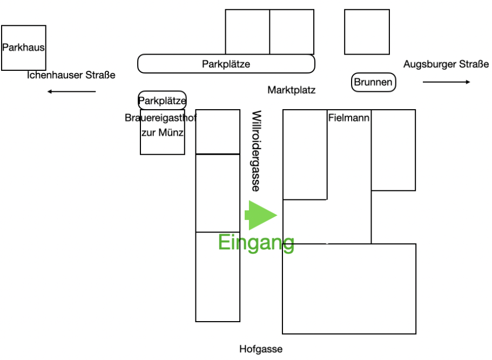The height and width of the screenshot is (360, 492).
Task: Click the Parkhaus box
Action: pyautogui.click(x=23, y=48)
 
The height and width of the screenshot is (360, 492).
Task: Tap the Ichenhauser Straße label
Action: pyautogui.click(x=71, y=75)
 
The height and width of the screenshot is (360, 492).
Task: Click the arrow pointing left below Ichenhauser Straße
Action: pyautogui.click(x=71, y=91)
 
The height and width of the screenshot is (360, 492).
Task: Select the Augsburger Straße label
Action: pyautogui.click(x=446, y=64)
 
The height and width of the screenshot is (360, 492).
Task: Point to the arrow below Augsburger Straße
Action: pyautogui.click(x=446, y=82)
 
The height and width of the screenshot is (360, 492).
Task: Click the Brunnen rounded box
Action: pyautogui.click(x=374, y=83)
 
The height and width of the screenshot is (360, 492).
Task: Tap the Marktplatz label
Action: pyautogui.click(x=291, y=90)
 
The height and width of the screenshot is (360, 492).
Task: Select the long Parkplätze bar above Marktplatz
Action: pyautogui.click(x=226, y=64)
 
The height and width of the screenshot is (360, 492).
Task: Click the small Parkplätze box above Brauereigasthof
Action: pyautogui.click(x=162, y=100)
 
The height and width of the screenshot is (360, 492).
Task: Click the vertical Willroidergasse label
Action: pyautogui.click(x=256, y=151)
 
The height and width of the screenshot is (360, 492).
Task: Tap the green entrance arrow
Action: pyautogui.click(x=261, y=215)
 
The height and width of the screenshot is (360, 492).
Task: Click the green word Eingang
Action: pyautogui.click(x=256, y=243)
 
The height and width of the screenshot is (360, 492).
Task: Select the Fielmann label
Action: pyautogui.click(x=349, y=117)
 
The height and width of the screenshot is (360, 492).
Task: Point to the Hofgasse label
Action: pyautogui.click(x=261, y=349)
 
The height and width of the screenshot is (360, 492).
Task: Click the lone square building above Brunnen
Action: pyautogui.click(x=367, y=32)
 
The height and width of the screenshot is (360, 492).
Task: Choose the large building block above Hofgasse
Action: pyautogui.click(x=349, y=289)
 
